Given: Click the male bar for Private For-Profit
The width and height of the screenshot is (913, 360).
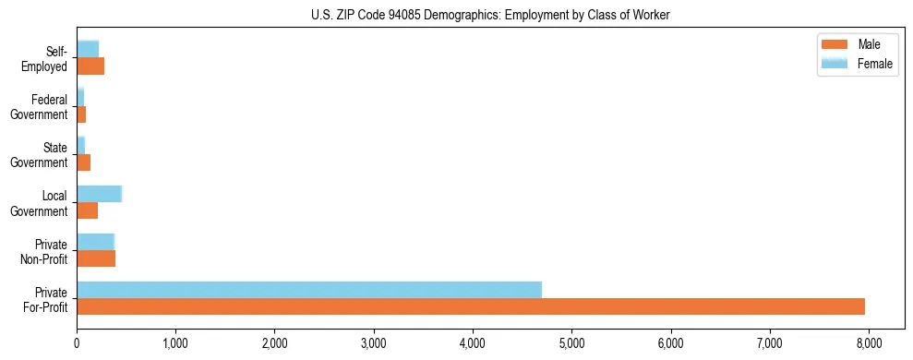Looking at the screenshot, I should click(470, 306).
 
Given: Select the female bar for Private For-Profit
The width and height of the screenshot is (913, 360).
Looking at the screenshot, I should click(308, 290).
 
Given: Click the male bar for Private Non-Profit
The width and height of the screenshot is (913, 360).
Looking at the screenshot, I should click(96, 258).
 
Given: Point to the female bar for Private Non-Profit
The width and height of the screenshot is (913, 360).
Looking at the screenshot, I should click(95, 242).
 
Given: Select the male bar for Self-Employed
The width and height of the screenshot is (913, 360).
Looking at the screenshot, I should click(90, 66).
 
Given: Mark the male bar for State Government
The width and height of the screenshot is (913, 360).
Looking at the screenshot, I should click(83, 162).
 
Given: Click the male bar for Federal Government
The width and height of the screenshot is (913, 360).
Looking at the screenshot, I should click(81, 114).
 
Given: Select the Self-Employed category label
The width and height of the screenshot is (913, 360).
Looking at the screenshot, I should click(49, 59).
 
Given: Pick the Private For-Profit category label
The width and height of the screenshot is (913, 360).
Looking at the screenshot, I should click(46, 299).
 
